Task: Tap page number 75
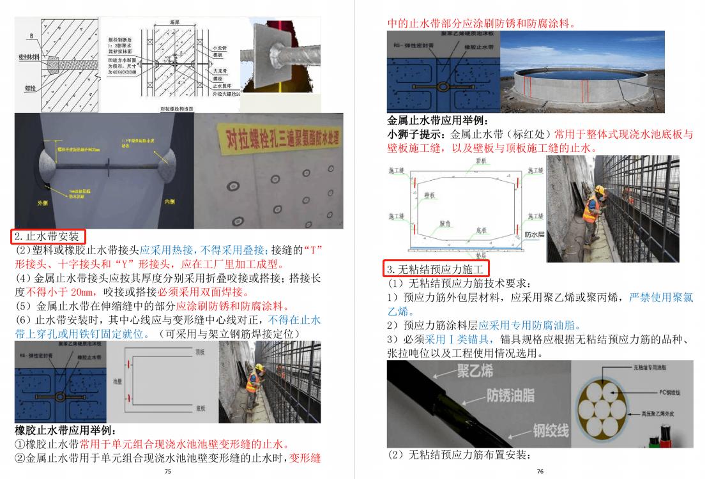[167, 472]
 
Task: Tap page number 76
[540, 472]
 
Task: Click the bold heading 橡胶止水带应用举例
[64, 430]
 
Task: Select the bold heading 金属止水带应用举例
[438, 120]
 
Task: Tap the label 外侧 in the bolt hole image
[42, 203]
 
